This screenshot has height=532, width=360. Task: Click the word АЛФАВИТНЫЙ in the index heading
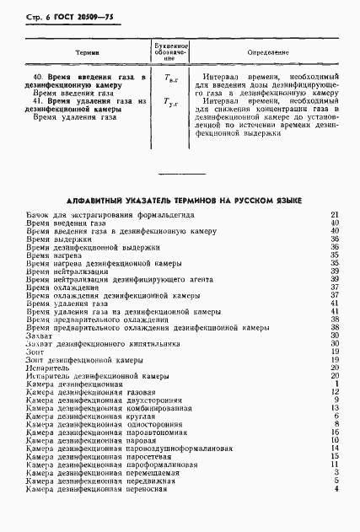click(x=97, y=201)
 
